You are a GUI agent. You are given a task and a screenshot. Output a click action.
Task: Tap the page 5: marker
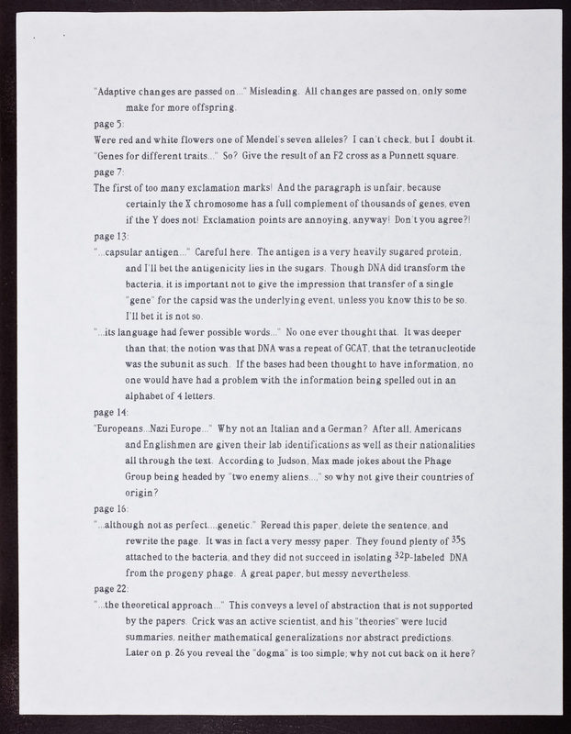[x=110, y=123]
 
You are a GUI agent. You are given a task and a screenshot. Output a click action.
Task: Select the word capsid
[x=224, y=300]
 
